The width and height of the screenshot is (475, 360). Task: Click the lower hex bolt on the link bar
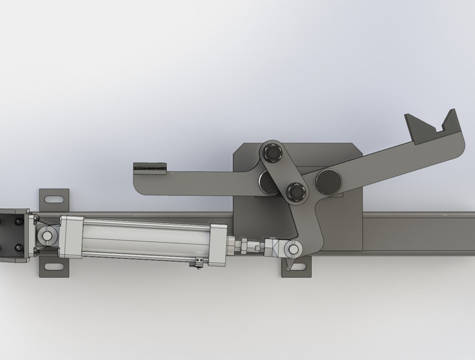pos(295,191)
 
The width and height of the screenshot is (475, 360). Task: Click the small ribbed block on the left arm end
pos(150,168)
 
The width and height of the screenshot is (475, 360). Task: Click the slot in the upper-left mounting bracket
pos(54,198)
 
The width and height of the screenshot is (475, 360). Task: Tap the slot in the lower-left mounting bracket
pos(54,268)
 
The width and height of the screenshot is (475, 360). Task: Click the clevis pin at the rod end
pos(293,248)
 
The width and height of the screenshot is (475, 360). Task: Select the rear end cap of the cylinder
pos(72,236)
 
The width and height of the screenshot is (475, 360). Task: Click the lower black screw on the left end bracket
pos(19,247)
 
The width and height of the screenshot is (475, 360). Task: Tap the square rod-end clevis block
pos(275,247)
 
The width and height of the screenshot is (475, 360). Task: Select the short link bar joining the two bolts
pos(283,171)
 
